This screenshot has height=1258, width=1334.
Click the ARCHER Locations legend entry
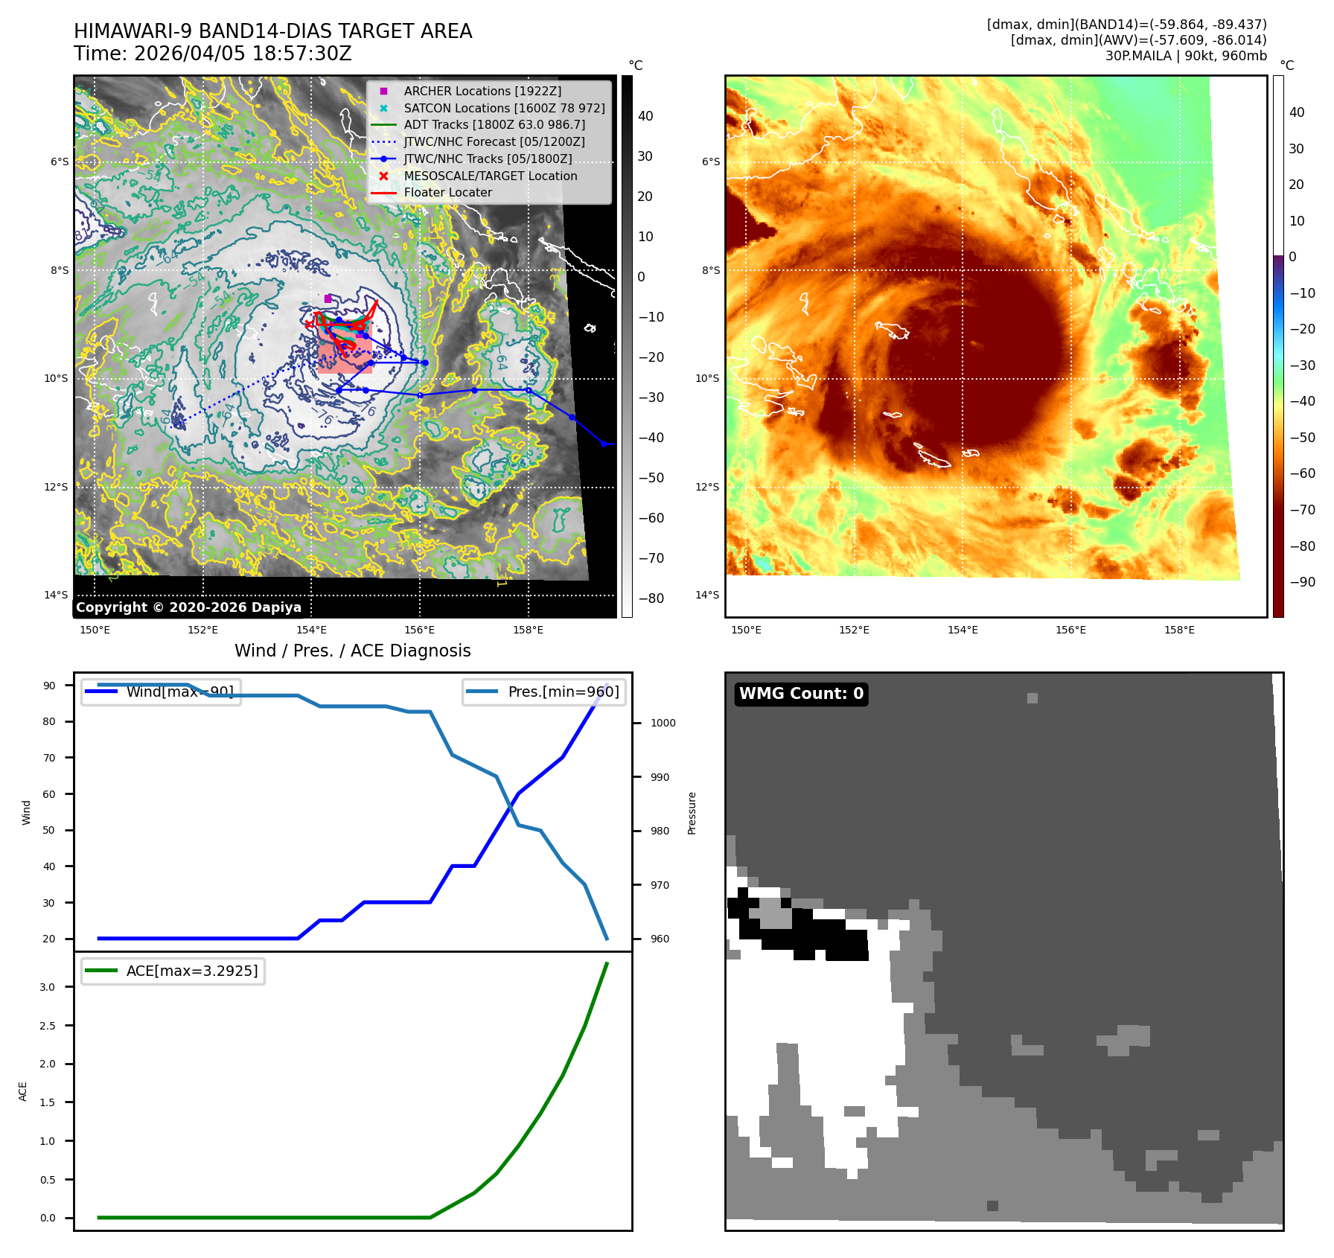coord(482,91)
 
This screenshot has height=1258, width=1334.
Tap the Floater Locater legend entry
coord(447,192)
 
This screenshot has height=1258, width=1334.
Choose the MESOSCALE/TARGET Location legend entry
coord(490,176)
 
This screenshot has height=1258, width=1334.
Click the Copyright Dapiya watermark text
coord(188,607)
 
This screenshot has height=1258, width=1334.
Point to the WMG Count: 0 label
coord(801,694)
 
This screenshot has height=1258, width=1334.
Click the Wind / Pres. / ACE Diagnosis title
coord(352,651)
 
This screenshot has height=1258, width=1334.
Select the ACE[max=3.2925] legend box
coord(173,971)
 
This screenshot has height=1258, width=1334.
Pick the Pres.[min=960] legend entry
coord(544,692)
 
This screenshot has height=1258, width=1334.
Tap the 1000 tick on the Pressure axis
coord(663,723)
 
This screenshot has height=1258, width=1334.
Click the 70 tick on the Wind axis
coord(49,758)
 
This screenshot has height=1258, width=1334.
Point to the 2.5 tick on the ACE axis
coord(48,1026)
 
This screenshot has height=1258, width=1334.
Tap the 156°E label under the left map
coord(419,630)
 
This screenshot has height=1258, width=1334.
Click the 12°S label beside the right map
coord(707,487)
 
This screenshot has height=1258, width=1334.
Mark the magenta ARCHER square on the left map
coord(328,298)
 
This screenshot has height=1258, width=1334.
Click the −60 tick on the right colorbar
coord(1302,473)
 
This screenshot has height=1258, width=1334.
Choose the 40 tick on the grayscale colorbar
coord(645,116)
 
